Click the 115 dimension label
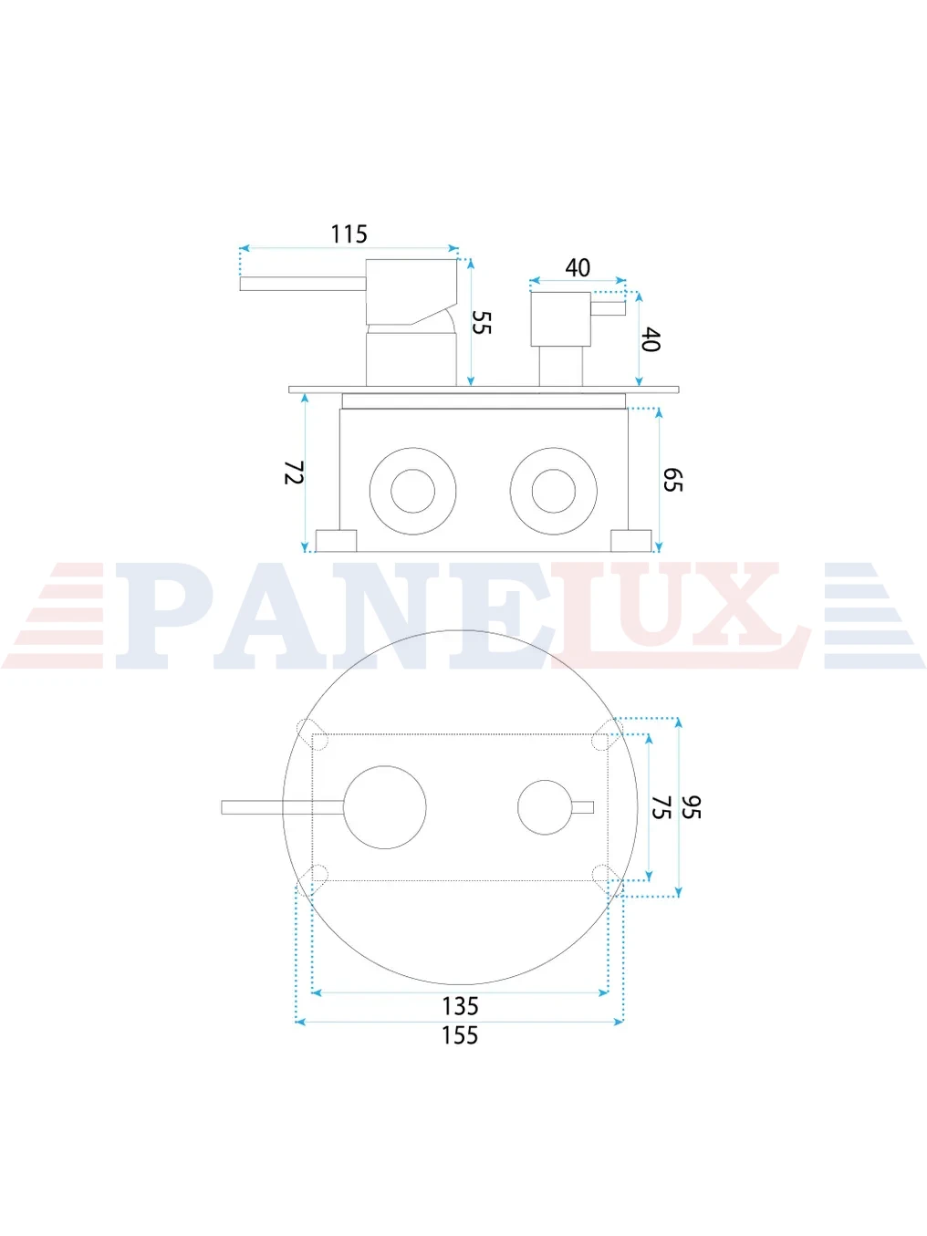tap(349, 234)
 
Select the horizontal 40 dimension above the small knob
tap(578, 268)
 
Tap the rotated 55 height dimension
tap(482, 322)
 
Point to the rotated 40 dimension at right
tap(650, 339)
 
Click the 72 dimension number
tap(294, 472)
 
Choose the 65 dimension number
tap(672, 479)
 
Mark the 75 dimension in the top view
tap(661, 807)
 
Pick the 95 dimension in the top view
tap(691, 807)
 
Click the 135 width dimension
tap(460, 1006)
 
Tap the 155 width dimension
tap(460, 1035)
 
